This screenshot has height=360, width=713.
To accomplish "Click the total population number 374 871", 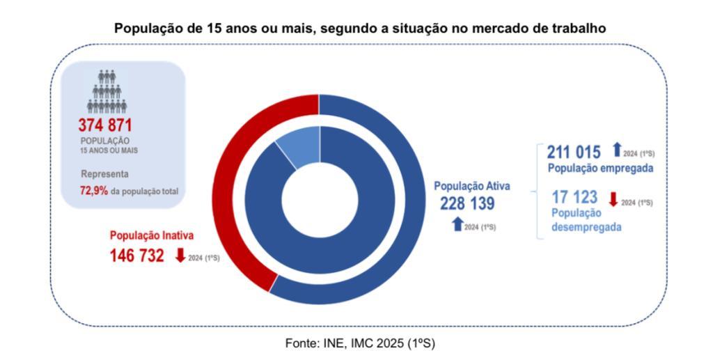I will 105,125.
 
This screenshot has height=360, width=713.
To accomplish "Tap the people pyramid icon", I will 107,91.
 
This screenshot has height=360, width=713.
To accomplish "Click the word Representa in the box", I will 105,174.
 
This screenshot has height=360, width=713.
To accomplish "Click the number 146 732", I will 137,256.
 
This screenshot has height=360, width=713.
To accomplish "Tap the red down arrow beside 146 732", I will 180,256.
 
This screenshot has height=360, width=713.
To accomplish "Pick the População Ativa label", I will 472,186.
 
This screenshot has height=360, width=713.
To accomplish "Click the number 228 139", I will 467,204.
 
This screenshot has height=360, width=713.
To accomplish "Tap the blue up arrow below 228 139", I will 457,224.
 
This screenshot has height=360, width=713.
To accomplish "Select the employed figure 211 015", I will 573,152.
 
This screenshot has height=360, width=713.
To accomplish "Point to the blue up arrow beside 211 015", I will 616,150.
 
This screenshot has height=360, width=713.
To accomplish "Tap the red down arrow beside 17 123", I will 613,199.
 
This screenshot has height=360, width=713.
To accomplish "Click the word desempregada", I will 586,226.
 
